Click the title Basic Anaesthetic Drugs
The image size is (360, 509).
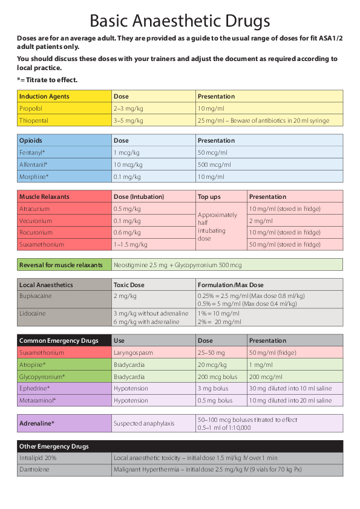180,21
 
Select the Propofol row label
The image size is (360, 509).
30,108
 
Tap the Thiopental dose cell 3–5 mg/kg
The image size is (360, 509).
128,120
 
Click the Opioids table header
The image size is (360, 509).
31,140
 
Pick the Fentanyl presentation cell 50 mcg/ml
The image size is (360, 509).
212,152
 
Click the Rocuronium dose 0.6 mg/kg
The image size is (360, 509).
127,232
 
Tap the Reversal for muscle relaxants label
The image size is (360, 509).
61,265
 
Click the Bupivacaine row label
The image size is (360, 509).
35,296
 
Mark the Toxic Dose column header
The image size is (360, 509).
129,285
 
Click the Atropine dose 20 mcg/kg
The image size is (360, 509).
212,364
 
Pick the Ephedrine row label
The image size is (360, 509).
34,388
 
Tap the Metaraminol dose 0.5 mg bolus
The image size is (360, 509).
215,400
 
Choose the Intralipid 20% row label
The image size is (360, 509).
38,458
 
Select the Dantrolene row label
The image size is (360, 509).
34,470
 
